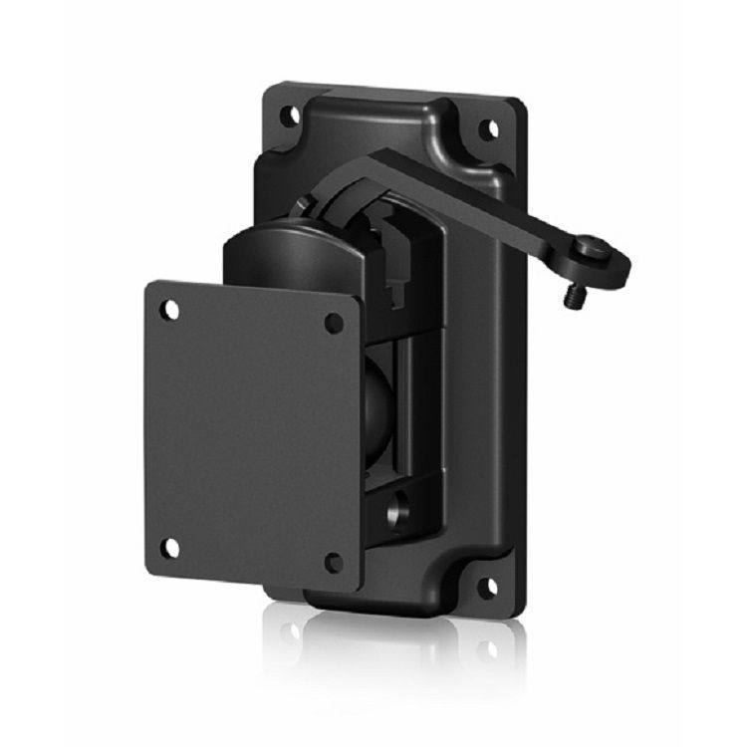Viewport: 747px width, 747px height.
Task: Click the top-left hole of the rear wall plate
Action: [x=289, y=114]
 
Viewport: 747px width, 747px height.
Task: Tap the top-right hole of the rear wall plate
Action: [x=489, y=128]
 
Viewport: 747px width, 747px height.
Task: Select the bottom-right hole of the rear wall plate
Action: [x=487, y=588]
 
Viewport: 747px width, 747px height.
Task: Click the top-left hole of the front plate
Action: [x=171, y=310]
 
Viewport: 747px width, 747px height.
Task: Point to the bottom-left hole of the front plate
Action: [x=170, y=547]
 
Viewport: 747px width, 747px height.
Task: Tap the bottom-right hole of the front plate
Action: [x=334, y=563]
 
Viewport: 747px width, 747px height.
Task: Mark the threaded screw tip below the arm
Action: [x=575, y=296]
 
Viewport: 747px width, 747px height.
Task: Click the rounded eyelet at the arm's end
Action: [x=603, y=261]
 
